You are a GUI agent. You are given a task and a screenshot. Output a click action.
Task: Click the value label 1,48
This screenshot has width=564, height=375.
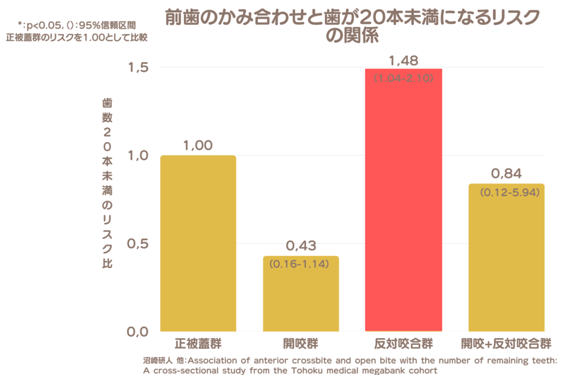click(403, 59)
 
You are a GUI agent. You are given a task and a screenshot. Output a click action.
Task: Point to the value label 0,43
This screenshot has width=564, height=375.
click(301, 246)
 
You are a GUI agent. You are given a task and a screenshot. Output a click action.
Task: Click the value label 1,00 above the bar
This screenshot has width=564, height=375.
click(198, 146)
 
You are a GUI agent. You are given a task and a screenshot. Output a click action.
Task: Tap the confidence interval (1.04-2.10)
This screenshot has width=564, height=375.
click(404, 79)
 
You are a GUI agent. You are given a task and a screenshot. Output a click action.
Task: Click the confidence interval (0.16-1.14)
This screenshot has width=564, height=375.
click(300, 264)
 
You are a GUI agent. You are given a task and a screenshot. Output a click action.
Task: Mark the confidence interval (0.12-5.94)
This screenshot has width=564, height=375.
click(506, 193)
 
